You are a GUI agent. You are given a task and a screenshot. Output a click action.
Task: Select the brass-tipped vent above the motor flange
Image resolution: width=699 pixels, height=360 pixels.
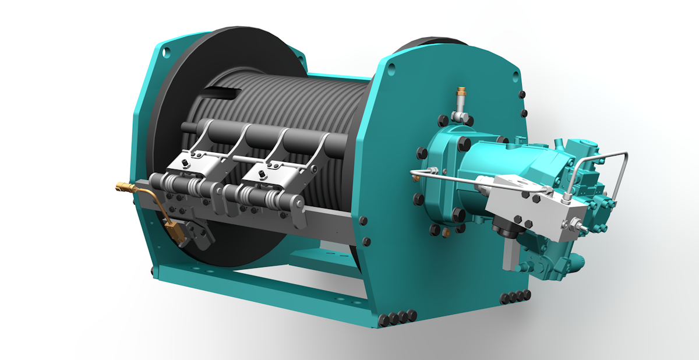(x=461, y=93)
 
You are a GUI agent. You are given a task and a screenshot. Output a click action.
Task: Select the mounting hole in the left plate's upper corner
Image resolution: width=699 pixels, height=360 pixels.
(x=167, y=52)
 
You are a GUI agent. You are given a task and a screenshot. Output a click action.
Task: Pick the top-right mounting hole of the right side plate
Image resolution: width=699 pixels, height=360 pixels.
(x=516, y=75)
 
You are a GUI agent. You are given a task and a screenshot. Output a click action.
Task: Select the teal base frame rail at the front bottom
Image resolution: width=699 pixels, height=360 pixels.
(x=262, y=291)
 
